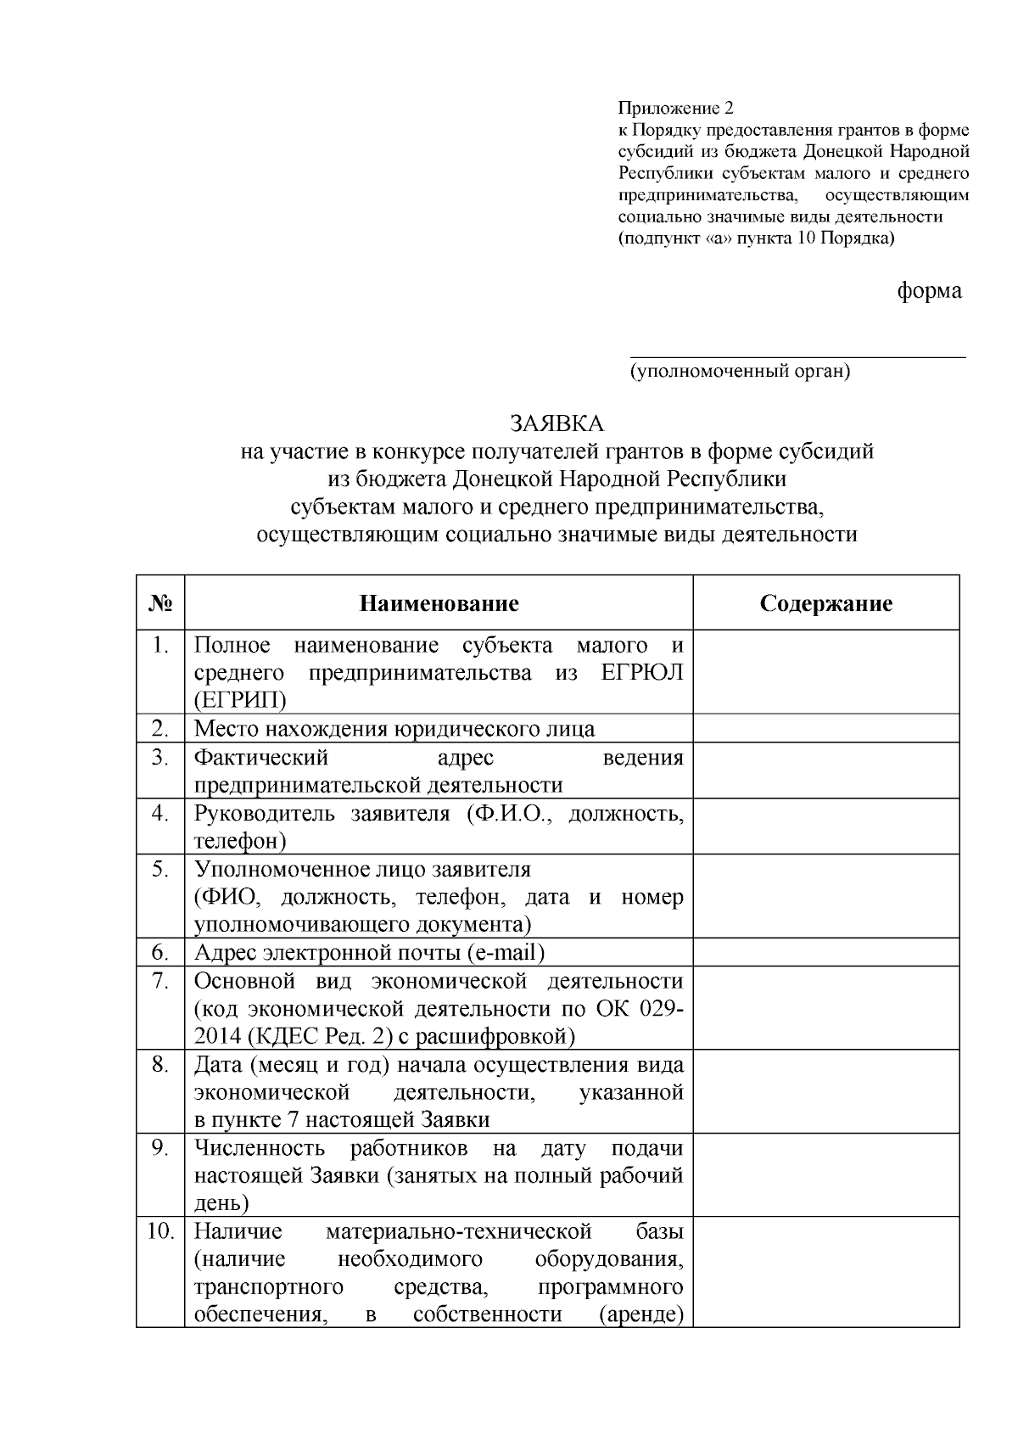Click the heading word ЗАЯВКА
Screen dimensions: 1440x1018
[557, 423]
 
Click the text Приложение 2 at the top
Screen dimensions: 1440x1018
[674, 109]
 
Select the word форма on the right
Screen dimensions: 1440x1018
[930, 290]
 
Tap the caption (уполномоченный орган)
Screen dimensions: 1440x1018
[739, 371]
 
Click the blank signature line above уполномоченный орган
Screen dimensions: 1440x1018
[797, 357]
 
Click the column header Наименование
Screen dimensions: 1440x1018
[439, 603]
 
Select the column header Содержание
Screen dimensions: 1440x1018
[825, 603]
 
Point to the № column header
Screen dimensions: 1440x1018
[160, 603]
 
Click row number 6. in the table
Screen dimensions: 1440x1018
[161, 952]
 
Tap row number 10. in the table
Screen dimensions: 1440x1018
[161, 1230]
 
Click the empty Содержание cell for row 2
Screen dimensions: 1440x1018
[825, 729]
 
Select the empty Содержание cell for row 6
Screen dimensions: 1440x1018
[825, 952]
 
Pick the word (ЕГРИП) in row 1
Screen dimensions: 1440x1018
[240, 700]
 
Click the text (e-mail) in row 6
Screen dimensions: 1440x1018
[506, 952]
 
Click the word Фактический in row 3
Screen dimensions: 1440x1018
[261, 757]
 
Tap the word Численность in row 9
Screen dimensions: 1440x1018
[260, 1148]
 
